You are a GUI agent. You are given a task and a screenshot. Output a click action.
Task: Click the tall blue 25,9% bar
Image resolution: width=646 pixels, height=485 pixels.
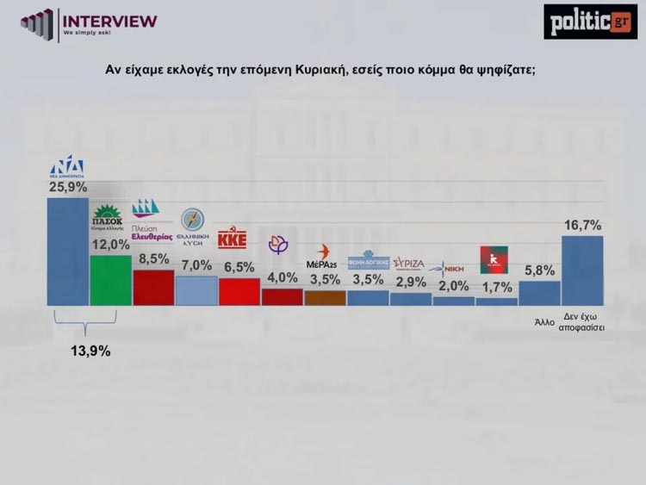click(67, 252)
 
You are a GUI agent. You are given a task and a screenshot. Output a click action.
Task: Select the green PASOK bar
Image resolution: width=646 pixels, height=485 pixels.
click(110, 280)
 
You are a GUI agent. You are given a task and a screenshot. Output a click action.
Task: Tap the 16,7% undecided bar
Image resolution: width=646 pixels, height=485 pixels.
click(582, 270)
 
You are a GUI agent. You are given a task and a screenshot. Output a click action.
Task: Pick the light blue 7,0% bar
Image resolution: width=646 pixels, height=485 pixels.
click(196, 290)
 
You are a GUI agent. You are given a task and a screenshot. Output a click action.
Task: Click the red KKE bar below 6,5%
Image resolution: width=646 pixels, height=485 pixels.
click(239, 292)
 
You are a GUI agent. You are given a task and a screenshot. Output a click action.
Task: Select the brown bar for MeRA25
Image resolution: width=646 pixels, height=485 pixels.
click(325, 297)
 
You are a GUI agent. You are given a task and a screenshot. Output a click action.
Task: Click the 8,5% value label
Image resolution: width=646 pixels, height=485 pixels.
click(153, 257)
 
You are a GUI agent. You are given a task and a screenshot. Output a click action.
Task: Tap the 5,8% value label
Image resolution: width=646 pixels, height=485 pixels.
click(539, 270)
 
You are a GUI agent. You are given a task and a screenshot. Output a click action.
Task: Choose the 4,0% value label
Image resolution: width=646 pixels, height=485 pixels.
click(282, 277)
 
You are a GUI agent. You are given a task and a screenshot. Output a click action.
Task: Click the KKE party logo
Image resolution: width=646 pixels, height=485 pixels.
click(233, 239)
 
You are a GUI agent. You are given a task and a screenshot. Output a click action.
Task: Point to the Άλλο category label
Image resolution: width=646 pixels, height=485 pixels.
click(543, 323)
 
